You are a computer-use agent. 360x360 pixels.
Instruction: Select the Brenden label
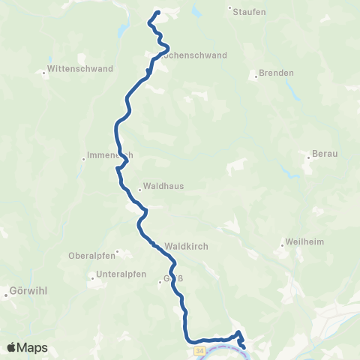275,73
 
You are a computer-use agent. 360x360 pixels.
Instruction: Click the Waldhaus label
163,186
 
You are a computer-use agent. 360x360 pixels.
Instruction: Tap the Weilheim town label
304,243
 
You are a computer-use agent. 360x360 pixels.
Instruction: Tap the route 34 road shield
199,349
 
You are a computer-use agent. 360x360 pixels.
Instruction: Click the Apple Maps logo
27,347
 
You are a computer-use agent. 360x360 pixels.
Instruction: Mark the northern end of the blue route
158,13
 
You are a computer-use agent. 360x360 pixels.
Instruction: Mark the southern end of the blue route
243,346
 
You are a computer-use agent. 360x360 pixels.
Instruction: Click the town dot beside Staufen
229,9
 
